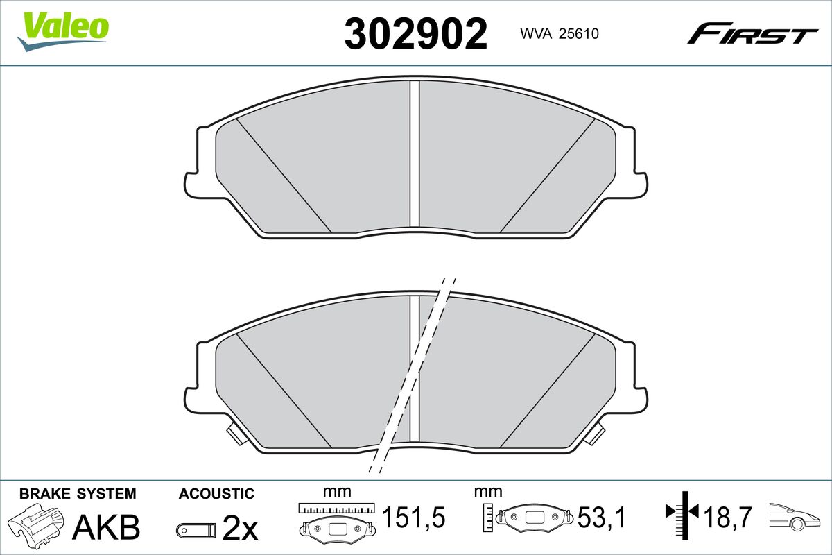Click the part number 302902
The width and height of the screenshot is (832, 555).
[x=415, y=33]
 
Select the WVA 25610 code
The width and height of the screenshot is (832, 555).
[x=560, y=34]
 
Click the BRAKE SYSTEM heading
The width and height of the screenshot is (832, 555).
[x=78, y=494]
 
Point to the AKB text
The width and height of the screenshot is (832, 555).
[x=106, y=527]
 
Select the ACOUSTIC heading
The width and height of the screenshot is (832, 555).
[x=216, y=494]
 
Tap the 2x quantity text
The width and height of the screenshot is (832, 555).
[x=240, y=527]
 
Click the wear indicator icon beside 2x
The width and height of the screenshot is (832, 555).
[x=196, y=529]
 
